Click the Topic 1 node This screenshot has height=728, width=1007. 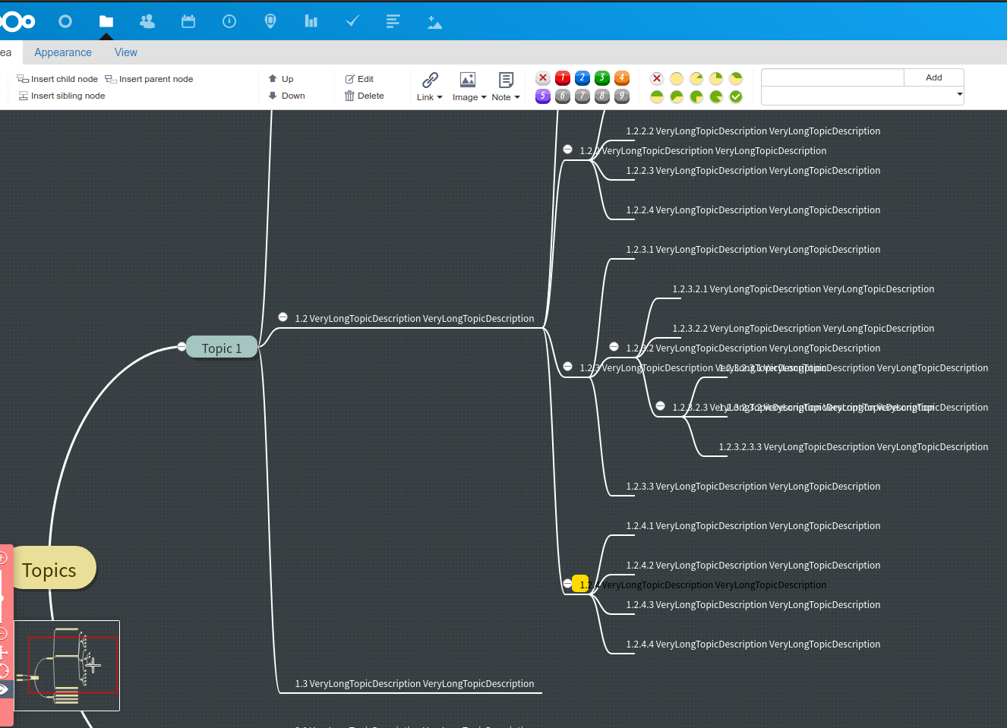(221, 348)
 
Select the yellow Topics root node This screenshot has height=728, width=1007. (50, 569)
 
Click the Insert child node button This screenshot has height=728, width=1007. (58, 79)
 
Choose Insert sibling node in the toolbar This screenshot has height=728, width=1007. (62, 96)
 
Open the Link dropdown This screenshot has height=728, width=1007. (430, 86)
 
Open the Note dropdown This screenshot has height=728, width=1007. (506, 86)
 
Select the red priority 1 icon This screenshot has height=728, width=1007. (563, 77)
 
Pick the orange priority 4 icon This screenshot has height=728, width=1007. (622, 77)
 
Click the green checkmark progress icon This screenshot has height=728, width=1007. (736, 96)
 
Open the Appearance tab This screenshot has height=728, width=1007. (63, 52)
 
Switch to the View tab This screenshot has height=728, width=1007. (126, 52)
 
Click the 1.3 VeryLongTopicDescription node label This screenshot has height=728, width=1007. (414, 683)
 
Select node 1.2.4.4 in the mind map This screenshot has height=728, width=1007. (753, 644)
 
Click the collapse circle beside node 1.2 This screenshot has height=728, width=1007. (283, 317)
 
